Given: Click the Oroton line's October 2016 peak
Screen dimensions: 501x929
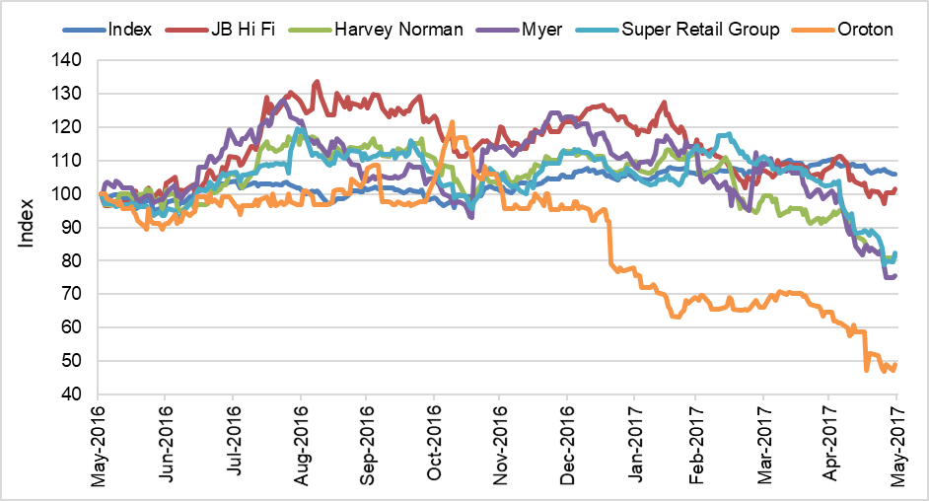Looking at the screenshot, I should tap(451, 122).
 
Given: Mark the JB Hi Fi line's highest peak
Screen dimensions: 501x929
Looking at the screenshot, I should tap(317, 82).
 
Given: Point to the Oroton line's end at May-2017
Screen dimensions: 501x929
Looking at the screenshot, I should tap(895, 364).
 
